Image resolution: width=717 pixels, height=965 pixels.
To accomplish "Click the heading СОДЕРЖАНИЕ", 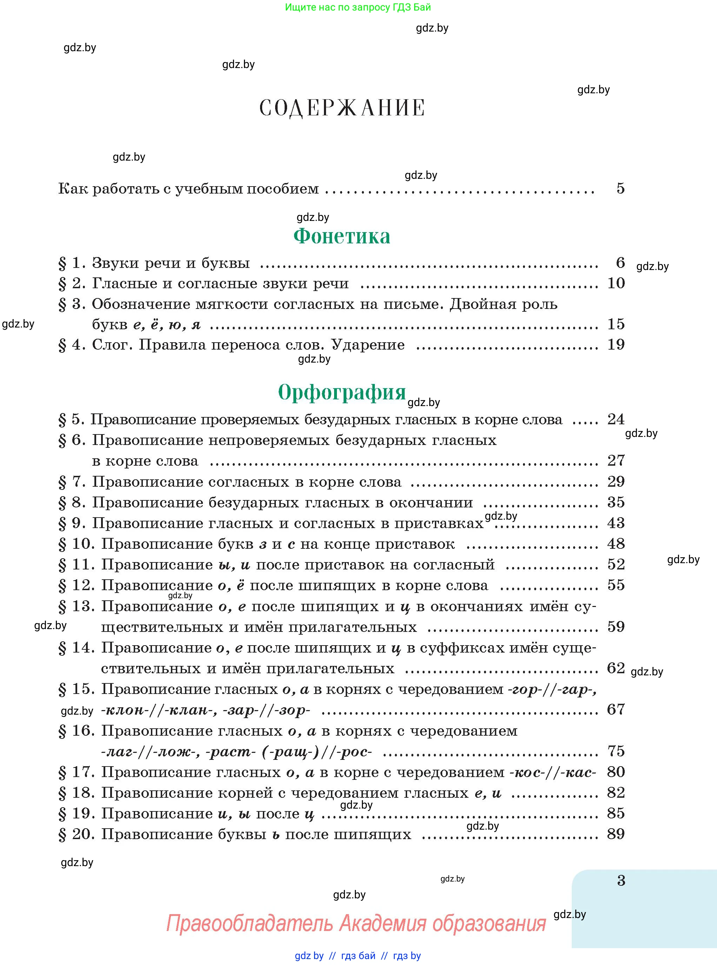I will pyautogui.click(x=342, y=108).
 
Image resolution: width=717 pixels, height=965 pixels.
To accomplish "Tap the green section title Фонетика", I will pyautogui.click(x=342, y=236).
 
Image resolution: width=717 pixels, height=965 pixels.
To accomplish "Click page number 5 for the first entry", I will pyautogui.click(x=620, y=188).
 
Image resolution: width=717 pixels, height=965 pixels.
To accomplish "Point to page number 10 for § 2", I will pyautogui.click(x=616, y=283).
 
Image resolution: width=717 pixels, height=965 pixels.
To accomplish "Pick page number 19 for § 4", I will pyautogui.click(x=616, y=345).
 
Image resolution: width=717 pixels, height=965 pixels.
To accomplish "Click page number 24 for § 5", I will pyautogui.click(x=616, y=419).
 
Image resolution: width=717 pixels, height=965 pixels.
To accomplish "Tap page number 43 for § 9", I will pyautogui.click(x=616, y=523).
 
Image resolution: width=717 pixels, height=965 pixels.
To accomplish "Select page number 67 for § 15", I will pyautogui.click(x=616, y=709).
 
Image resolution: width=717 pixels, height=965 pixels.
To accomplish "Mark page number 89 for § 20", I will pyautogui.click(x=616, y=834).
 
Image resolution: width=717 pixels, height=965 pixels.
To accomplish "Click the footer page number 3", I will pyautogui.click(x=621, y=880).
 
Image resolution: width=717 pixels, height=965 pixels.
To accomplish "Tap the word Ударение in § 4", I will pyautogui.click(x=367, y=345).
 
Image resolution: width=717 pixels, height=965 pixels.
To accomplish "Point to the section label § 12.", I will pyautogui.click(x=77, y=586).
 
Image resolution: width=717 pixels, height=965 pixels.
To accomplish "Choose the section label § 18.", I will pyautogui.click(x=77, y=793).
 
